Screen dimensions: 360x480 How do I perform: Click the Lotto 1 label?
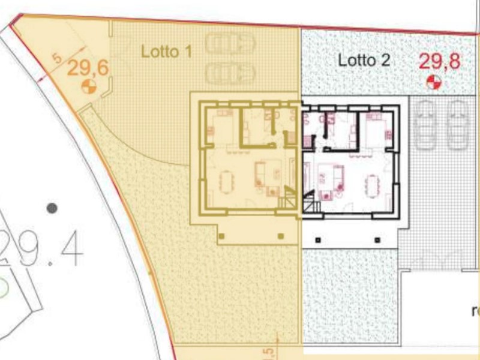(166, 52)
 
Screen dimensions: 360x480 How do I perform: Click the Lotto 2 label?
(364, 60)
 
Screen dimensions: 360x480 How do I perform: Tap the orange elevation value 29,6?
(88, 67)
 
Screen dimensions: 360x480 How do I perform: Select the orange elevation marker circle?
(88, 86)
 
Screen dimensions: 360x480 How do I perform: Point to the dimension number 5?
(57, 59)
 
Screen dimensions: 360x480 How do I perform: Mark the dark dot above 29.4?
(52, 208)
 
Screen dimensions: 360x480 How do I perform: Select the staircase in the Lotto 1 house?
(289, 198)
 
